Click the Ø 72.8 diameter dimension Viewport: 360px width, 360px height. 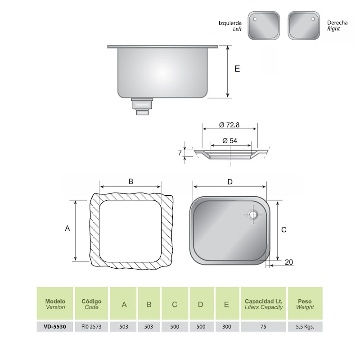point(229,125)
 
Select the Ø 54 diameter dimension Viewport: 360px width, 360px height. point(229,140)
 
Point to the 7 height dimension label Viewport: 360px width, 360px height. point(180,153)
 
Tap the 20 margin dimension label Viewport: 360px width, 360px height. point(288,262)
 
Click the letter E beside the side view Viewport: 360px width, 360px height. point(237,69)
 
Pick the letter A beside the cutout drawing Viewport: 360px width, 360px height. point(67,228)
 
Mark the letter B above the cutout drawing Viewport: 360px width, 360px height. point(131,181)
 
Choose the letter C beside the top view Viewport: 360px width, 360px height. point(284,229)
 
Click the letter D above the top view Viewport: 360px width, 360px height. point(230,182)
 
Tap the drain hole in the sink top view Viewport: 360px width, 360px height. point(253,215)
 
